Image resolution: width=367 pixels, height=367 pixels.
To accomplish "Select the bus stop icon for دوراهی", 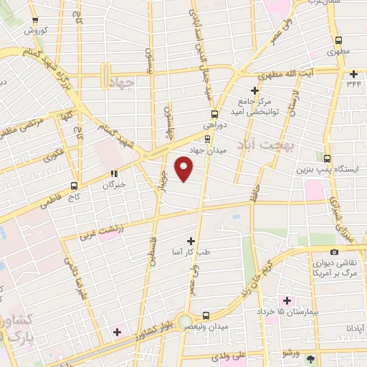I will click(x=214, y=114).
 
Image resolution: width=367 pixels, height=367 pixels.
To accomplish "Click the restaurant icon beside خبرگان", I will click(x=113, y=173).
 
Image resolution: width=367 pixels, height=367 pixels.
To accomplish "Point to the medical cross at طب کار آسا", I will click(x=191, y=242).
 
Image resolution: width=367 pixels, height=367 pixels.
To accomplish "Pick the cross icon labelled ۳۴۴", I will click(x=353, y=74).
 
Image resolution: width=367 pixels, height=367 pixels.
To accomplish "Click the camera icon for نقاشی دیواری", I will click(x=334, y=252).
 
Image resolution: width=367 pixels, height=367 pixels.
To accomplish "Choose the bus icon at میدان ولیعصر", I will click(x=206, y=315).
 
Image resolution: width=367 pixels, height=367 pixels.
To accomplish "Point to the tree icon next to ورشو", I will click(x=310, y=358).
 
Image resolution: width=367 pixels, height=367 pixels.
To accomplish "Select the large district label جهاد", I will click(x=123, y=84).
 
